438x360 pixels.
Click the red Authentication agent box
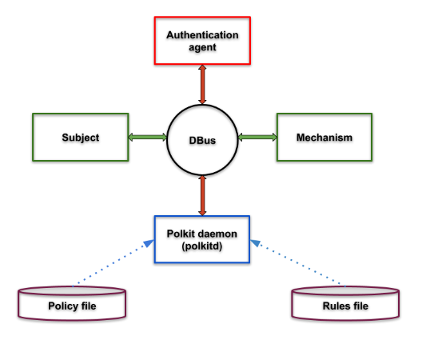tap(202, 41)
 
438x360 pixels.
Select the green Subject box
tap(80, 138)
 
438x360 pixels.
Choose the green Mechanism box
tap(324, 138)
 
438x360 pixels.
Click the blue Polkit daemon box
tap(202, 238)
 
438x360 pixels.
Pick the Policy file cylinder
tap(72, 303)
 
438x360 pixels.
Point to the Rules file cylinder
tap(344, 303)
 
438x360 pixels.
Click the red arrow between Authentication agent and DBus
tap(202, 84)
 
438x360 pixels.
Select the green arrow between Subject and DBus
tap(147, 138)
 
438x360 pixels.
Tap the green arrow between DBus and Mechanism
tap(257, 138)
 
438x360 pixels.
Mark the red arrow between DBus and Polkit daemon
tap(202, 194)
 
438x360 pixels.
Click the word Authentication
tap(202, 35)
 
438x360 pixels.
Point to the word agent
tap(202, 47)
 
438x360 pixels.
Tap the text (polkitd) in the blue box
tap(202, 245)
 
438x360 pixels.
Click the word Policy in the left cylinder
tap(62, 306)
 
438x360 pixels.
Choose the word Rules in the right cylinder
tap(335, 306)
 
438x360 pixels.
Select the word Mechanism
tap(324, 138)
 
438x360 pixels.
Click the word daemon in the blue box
tap(218, 232)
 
